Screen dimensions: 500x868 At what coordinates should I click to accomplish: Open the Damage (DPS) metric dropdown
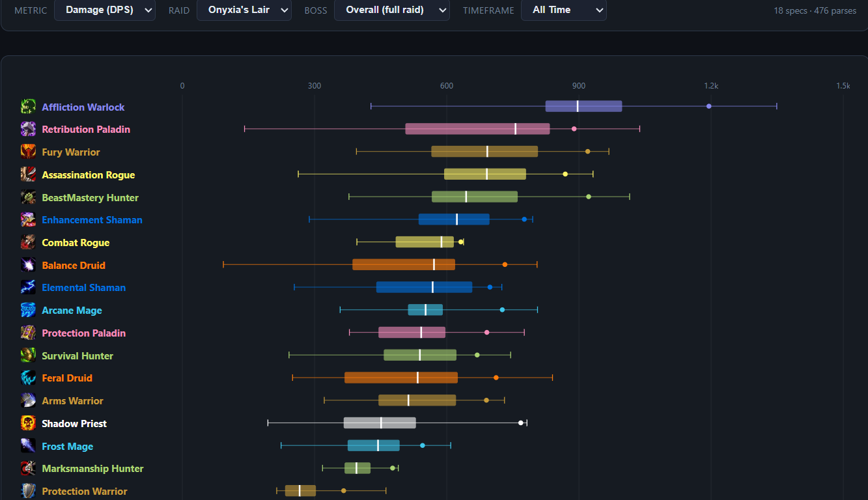click(x=104, y=10)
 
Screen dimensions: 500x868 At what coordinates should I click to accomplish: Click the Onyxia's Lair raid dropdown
click(x=244, y=10)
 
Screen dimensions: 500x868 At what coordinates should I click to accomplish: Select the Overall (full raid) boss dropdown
click(x=391, y=10)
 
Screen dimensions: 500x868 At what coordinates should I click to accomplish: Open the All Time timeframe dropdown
click(x=563, y=10)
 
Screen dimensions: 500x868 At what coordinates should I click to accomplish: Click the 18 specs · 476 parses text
click(x=815, y=11)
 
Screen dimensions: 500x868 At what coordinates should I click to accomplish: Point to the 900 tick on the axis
click(x=579, y=86)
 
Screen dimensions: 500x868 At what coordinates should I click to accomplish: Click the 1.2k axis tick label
click(x=711, y=86)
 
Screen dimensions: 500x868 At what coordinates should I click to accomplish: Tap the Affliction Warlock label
click(x=83, y=107)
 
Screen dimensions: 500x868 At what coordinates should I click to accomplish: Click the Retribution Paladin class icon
click(x=28, y=129)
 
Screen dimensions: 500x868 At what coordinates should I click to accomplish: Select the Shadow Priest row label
click(x=74, y=424)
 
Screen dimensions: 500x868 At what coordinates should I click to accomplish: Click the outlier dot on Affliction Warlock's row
click(x=709, y=106)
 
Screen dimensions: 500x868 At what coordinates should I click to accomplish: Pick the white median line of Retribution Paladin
click(x=516, y=129)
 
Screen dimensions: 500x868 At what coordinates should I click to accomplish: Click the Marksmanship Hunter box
click(x=357, y=468)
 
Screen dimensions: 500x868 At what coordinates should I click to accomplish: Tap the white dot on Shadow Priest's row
click(x=520, y=423)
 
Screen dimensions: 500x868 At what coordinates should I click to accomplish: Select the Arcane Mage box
click(x=425, y=310)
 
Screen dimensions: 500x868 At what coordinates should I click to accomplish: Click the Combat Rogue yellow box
click(x=425, y=242)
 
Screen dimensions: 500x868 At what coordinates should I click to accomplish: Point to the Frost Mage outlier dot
click(x=423, y=445)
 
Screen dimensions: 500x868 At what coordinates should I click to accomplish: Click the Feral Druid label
click(x=67, y=378)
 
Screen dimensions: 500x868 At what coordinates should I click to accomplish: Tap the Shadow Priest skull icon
click(x=28, y=423)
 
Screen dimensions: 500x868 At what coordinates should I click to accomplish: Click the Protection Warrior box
click(x=300, y=490)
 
